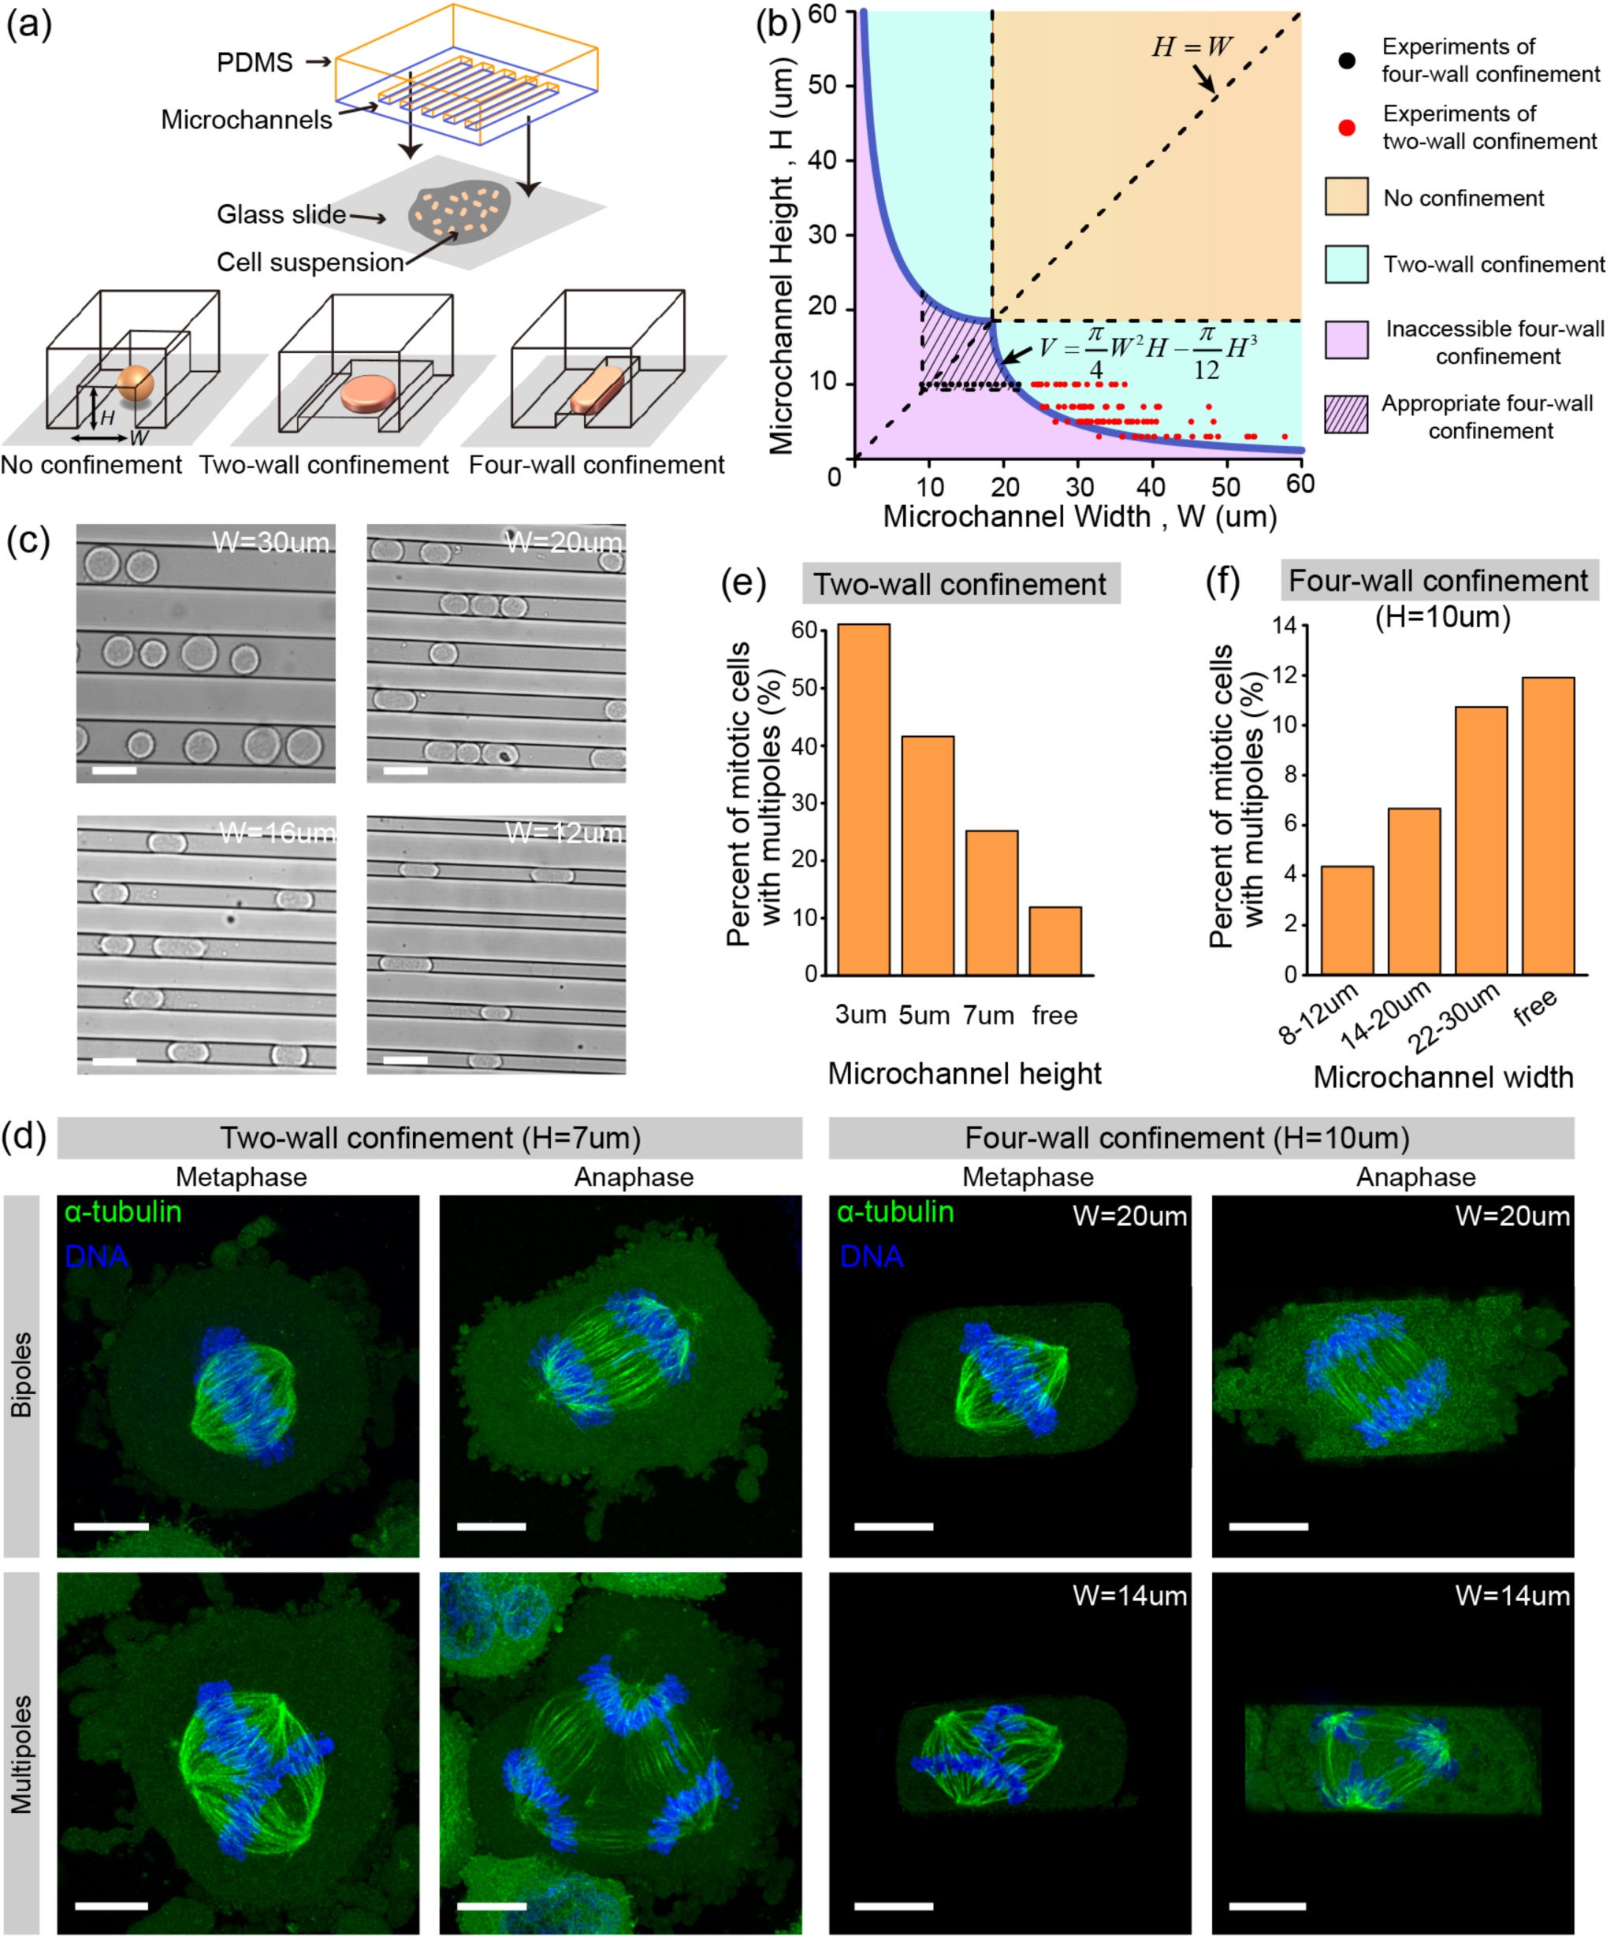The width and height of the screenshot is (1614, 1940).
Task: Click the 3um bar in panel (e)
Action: coord(863,799)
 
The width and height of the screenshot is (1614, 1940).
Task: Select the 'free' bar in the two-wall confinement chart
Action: coord(1054,940)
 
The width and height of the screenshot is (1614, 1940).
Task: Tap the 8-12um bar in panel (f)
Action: coord(1346,920)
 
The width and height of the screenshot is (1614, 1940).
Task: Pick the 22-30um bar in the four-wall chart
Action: coord(1480,840)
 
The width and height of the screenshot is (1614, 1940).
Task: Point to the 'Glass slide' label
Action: coord(281,214)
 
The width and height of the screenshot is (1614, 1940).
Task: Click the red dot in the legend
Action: coord(1347,128)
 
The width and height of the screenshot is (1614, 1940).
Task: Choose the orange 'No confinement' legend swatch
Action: coord(1346,197)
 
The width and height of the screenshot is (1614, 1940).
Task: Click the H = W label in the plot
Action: coord(1191,47)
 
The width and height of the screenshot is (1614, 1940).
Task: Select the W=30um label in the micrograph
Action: coord(270,542)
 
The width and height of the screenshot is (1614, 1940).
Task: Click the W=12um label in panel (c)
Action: coord(563,833)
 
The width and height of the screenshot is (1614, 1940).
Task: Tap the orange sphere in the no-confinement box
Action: coord(135,381)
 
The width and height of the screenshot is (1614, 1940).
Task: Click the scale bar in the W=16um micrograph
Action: coord(114,1061)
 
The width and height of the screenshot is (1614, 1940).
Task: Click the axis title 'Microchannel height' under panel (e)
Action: coord(964,1073)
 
